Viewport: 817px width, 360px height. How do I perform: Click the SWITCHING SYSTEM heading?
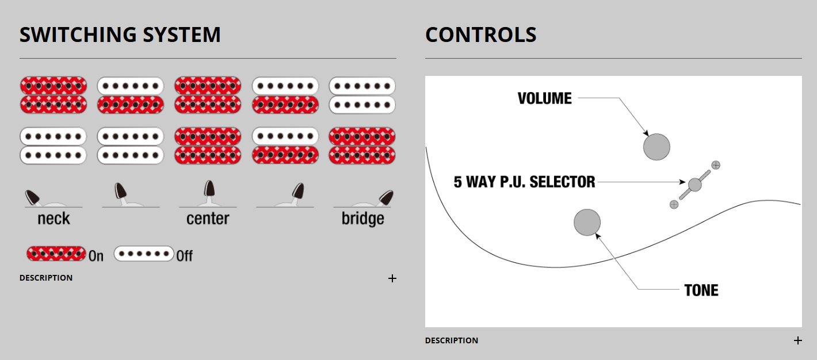[x=120, y=35]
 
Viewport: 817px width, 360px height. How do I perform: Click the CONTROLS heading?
[x=481, y=35]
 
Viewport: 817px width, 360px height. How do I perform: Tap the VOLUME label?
[x=544, y=98]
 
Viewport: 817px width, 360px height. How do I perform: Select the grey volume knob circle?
[x=656, y=147]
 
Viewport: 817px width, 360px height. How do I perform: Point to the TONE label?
[x=701, y=290]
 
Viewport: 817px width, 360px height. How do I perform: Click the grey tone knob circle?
[x=587, y=222]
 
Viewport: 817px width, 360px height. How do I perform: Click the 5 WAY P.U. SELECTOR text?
[x=524, y=182]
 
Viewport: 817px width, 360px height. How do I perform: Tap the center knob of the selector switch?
[x=695, y=185]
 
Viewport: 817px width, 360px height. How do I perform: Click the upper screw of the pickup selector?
[x=716, y=165]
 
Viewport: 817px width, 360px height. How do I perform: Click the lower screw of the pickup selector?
[x=674, y=204]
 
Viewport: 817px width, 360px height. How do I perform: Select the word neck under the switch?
[x=54, y=219]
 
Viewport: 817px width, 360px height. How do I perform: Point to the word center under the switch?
[x=208, y=219]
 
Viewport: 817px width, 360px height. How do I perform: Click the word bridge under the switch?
[x=362, y=219]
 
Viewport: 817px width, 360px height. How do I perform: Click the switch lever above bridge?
[x=385, y=198]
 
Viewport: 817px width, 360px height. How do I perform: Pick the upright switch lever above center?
[x=209, y=190]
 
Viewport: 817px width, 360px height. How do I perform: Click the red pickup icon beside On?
[x=56, y=254]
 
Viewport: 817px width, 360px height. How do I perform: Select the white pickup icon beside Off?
[x=144, y=254]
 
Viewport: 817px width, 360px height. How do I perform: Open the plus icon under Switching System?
[x=392, y=278]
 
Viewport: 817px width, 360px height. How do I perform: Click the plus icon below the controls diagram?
[x=797, y=340]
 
